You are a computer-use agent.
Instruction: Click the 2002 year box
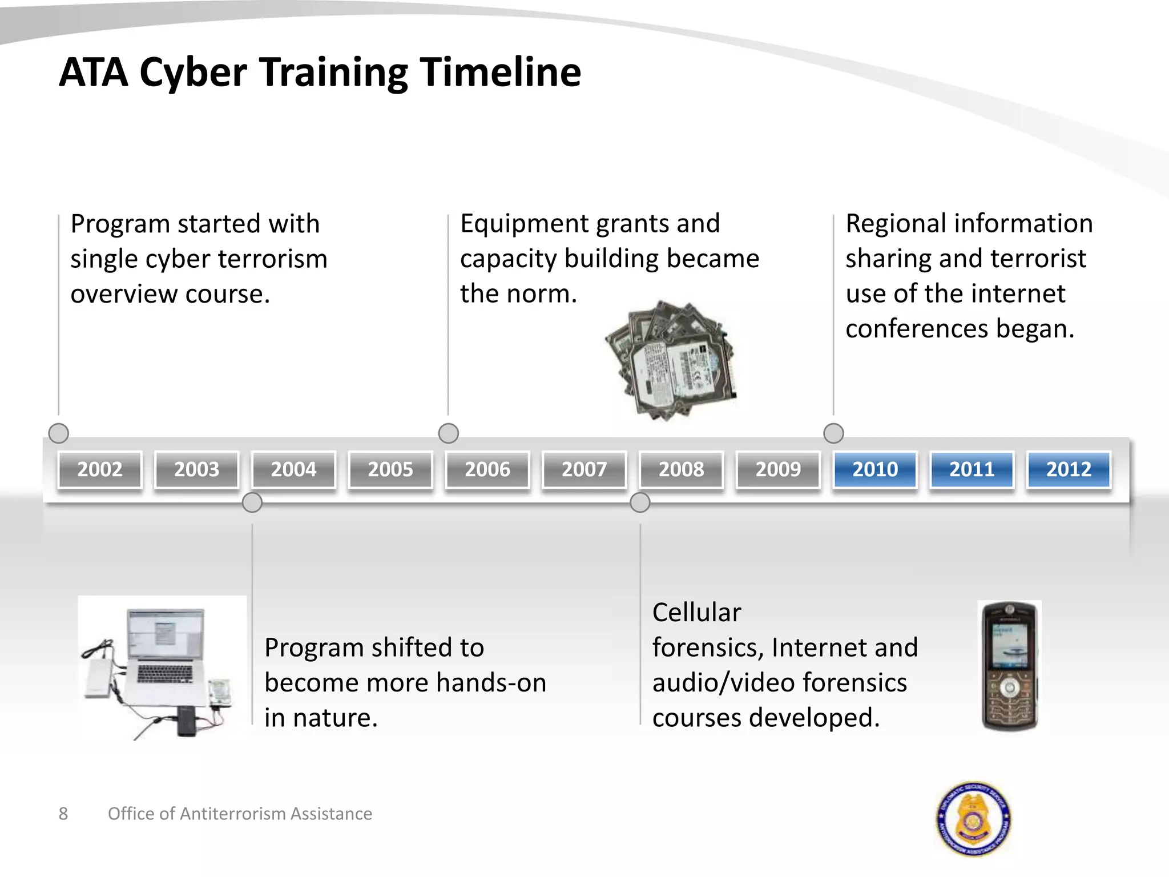(x=100, y=469)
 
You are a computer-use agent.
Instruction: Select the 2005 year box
(x=390, y=469)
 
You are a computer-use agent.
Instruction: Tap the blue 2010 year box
(x=874, y=469)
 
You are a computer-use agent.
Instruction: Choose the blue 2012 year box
(x=1068, y=469)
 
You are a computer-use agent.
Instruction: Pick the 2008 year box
(x=681, y=469)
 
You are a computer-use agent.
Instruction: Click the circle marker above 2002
(x=59, y=433)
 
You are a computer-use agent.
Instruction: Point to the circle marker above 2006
(x=449, y=433)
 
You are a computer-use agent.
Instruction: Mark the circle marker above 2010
(x=833, y=433)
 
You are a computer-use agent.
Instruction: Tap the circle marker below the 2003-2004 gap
(x=252, y=502)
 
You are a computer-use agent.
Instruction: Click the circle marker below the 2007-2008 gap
(x=640, y=502)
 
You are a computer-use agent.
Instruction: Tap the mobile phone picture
(x=1009, y=666)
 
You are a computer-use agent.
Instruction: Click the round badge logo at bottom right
(x=974, y=819)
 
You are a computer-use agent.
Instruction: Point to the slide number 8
(x=63, y=814)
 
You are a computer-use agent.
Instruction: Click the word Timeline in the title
(x=501, y=73)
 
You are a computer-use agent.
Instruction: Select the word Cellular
(x=696, y=613)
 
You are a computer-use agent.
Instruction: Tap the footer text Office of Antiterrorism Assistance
(x=240, y=814)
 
